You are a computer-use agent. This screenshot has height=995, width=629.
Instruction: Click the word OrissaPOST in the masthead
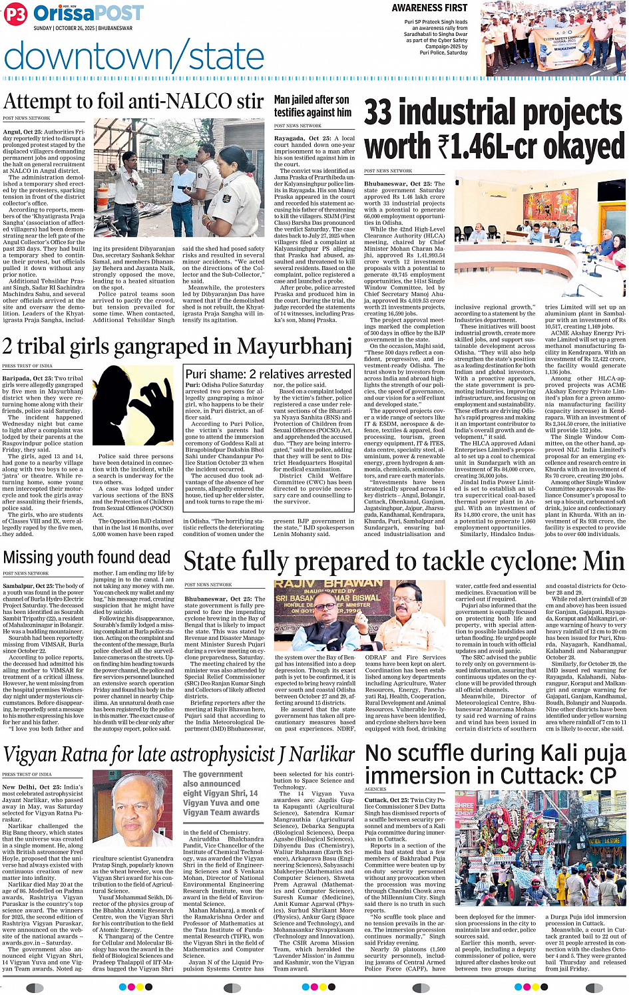click(88, 13)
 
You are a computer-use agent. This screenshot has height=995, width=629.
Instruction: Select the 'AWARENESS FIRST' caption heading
click(429, 8)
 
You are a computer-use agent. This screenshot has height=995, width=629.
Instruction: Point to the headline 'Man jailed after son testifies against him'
click(312, 106)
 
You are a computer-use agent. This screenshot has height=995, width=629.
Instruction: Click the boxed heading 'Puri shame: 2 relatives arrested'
click(268, 374)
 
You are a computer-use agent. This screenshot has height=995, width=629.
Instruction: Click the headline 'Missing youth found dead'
click(87, 557)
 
